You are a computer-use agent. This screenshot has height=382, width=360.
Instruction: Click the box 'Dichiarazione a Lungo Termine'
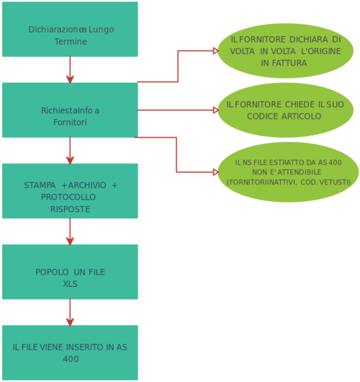[x=70, y=29]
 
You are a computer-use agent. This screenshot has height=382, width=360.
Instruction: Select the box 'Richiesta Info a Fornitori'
[x=70, y=110]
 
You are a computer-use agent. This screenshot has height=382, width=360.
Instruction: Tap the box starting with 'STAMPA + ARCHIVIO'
[x=70, y=190]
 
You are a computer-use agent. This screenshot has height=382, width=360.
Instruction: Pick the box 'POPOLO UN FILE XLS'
[x=70, y=271]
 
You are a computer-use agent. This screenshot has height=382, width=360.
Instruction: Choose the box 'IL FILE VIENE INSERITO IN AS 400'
[x=70, y=352]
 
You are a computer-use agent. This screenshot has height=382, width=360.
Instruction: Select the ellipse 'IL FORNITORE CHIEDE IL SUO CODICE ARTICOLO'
[x=285, y=110]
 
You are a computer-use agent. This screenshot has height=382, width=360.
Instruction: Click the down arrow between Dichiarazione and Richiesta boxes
[x=70, y=69]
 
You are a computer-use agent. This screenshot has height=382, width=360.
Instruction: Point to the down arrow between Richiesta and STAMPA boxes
[x=70, y=150]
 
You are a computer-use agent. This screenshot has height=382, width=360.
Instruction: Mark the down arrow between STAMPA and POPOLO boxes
[x=70, y=231]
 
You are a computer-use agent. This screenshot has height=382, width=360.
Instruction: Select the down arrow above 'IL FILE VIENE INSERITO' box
[x=70, y=311]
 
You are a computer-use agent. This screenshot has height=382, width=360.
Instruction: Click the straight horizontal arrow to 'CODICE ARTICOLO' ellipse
[x=176, y=110]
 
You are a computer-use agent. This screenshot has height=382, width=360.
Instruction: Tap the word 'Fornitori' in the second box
[x=70, y=123]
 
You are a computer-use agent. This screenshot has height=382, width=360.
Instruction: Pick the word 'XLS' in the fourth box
[x=70, y=284]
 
